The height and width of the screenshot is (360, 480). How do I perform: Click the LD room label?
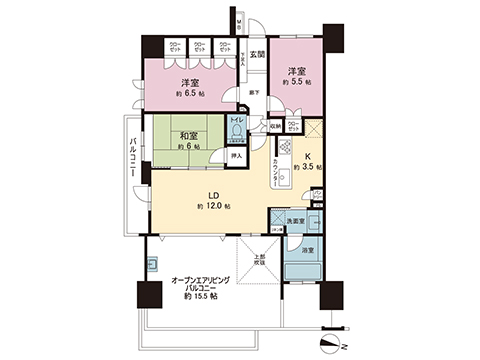(x=213, y=195)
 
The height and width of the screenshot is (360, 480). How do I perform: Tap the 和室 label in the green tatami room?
(x=188, y=137)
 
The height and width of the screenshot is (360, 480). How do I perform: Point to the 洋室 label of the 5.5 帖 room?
(x=297, y=71)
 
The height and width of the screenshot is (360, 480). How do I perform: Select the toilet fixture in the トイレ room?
(x=236, y=138)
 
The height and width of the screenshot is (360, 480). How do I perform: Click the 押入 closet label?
(x=237, y=156)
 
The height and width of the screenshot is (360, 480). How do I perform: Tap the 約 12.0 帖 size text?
(x=213, y=207)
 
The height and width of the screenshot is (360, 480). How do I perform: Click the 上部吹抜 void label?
(x=259, y=260)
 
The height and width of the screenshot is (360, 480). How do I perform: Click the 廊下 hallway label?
(x=256, y=94)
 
